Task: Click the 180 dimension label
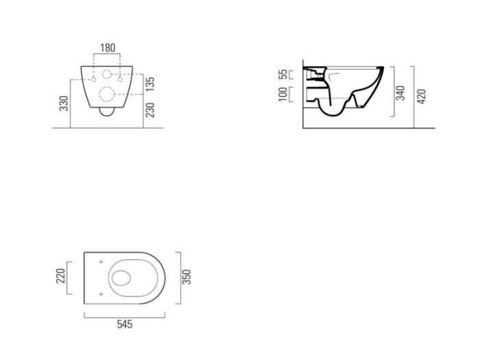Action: [x=108, y=48]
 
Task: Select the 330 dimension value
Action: [x=64, y=104]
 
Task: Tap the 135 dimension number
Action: [x=150, y=84]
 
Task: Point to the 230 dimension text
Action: [x=150, y=110]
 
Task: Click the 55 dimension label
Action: [x=284, y=74]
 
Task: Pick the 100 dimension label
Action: [x=283, y=94]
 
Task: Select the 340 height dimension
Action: [x=400, y=93]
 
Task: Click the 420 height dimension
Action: [x=422, y=97]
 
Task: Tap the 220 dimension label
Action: [x=60, y=276]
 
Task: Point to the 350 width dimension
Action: [x=187, y=277]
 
